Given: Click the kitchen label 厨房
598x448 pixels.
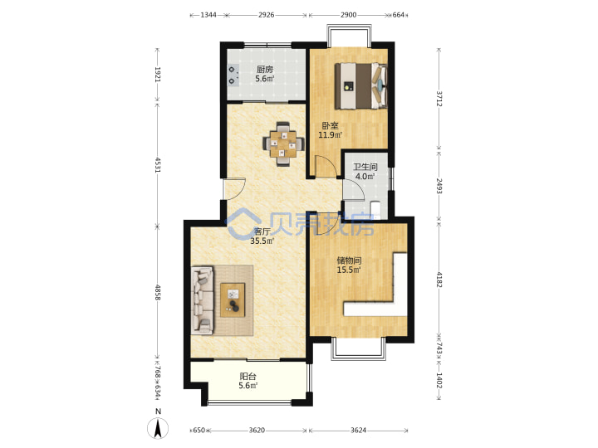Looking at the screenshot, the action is tap(265, 70).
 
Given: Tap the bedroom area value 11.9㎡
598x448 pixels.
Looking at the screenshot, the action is tap(331, 134).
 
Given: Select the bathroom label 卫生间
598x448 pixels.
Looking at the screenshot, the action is tap(365, 167).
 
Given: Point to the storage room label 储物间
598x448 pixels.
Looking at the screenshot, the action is tap(349, 261).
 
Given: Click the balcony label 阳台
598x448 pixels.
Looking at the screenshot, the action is tap(248, 377).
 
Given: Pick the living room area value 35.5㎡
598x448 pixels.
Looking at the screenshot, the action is tap(262, 241).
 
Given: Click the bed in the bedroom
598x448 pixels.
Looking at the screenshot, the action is tap(361, 86).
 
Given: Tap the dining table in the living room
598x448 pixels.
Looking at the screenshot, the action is tap(283, 144).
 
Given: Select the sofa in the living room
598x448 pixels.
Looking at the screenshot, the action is tap(202, 300).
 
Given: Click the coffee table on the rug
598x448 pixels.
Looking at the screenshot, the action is tap(233, 299).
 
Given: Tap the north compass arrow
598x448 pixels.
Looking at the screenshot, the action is tap(158, 428).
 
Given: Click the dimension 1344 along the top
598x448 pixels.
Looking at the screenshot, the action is tap(208, 15).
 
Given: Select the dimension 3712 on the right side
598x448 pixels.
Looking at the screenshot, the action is tap(439, 99).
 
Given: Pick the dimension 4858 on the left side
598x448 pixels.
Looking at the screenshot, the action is tap(158, 292).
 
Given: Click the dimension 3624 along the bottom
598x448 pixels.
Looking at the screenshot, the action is tap(358, 430).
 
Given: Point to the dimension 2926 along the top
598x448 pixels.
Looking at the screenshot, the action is tap(267, 15).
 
